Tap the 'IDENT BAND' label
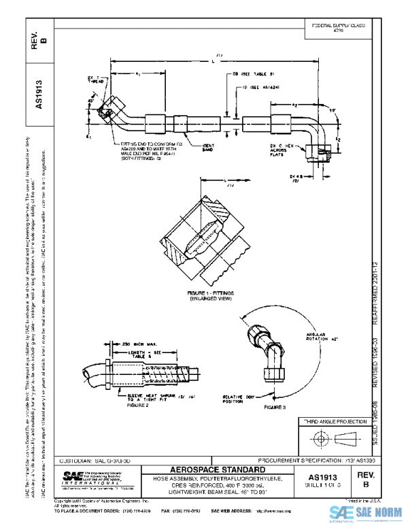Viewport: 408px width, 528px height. coord(209,147)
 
